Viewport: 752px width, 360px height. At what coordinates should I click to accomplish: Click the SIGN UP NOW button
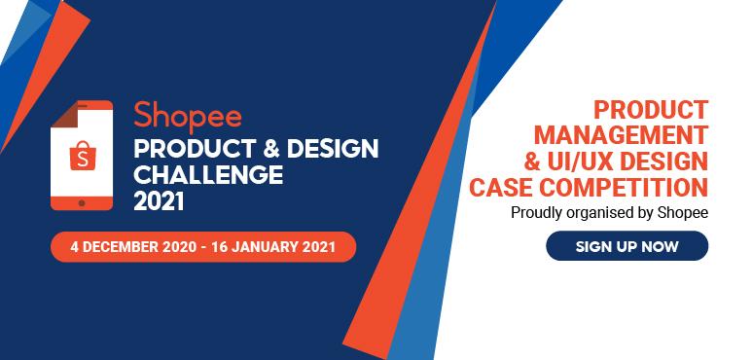click(626, 246)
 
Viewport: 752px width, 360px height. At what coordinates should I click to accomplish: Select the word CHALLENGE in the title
click(207, 175)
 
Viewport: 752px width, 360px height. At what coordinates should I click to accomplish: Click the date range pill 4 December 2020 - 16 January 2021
click(203, 246)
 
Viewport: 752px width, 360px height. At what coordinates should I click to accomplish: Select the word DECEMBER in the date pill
click(122, 246)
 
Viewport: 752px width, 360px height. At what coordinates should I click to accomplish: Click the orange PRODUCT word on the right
click(651, 108)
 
